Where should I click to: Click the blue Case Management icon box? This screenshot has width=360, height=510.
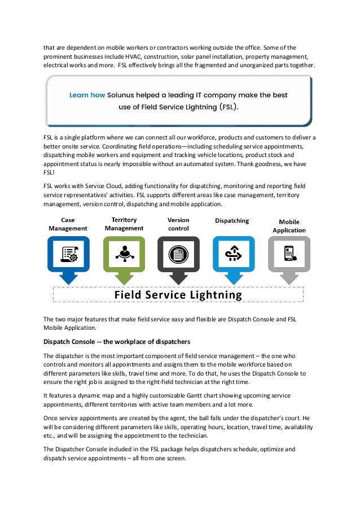pyautogui.click(x=68, y=255)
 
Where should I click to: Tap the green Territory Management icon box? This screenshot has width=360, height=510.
pyautogui.click(x=124, y=255)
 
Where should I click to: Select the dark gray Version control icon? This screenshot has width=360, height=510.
pyautogui.click(x=178, y=255)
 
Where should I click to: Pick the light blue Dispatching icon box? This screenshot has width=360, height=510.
pyautogui.click(x=234, y=255)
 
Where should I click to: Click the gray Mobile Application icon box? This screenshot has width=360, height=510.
pyautogui.click(x=289, y=255)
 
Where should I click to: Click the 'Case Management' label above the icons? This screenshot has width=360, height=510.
pyautogui.click(x=68, y=224)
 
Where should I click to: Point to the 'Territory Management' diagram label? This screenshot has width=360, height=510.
pyautogui.click(x=124, y=224)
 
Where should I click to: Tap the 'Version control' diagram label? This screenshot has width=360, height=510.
pyautogui.click(x=178, y=224)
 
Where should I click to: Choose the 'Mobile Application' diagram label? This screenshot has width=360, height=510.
pyautogui.click(x=289, y=226)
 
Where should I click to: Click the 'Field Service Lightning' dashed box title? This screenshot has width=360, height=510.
pyautogui.click(x=178, y=295)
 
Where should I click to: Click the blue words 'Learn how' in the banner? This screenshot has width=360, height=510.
pyautogui.click(x=87, y=95)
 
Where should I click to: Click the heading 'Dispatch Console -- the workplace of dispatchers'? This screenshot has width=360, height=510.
pyautogui.click(x=117, y=342)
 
